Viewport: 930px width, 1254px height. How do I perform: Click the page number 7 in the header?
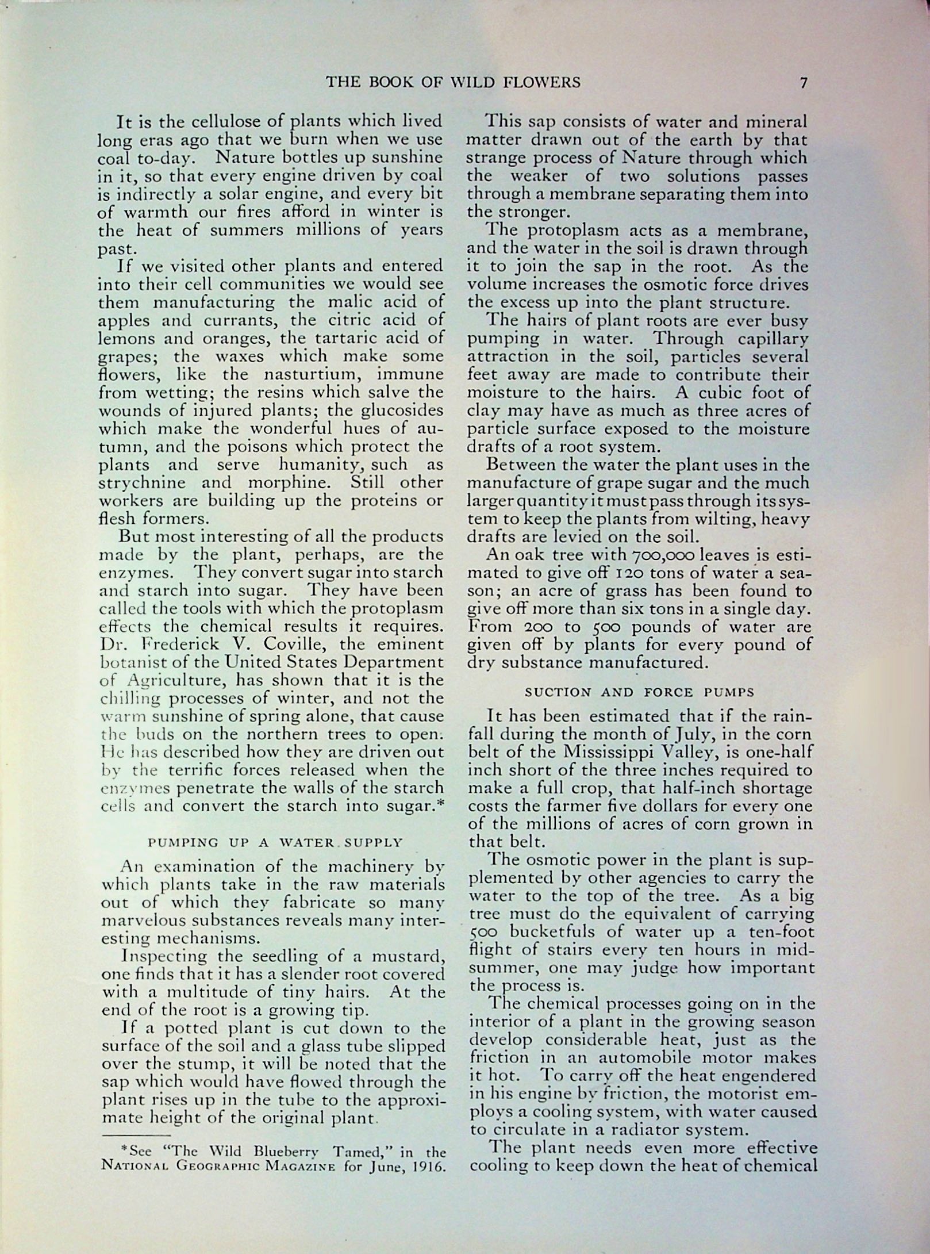click(803, 83)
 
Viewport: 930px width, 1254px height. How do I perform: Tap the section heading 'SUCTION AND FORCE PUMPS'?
click(639, 692)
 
